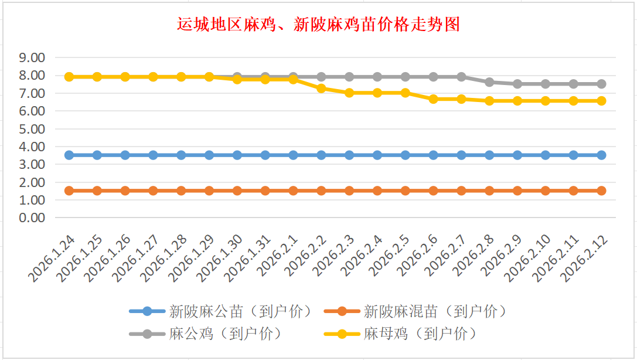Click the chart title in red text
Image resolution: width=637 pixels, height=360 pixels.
point(318,25)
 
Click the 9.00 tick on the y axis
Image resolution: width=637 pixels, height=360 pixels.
point(32,57)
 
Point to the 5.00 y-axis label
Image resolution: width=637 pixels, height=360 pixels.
point(32,128)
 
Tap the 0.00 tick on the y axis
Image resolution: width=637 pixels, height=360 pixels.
point(32,218)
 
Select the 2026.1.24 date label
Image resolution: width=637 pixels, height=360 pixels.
point(54,258)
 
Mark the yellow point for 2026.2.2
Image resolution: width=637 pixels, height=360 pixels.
point(321,88)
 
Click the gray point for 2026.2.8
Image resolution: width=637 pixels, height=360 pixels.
point(489,82)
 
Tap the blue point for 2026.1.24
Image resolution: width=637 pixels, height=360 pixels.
point(69,155)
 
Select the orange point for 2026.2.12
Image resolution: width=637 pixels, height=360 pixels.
point(601,191)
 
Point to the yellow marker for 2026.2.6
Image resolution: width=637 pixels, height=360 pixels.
point(433,99)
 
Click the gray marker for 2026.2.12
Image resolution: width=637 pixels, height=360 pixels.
point(601,84)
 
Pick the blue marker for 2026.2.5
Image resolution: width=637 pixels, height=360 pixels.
point(405,155)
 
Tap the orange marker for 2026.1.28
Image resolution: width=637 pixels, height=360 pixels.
point(181,191)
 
